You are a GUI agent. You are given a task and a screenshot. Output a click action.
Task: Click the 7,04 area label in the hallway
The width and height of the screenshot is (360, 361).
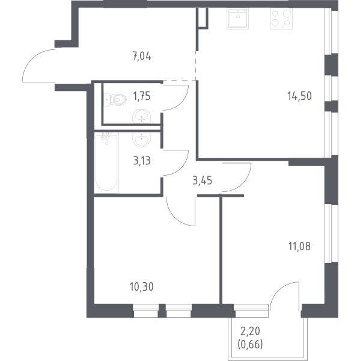click(142, 56)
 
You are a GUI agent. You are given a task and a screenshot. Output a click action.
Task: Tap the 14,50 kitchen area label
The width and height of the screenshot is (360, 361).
click(299, 96)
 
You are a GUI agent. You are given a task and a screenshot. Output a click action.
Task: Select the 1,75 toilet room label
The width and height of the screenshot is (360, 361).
click(142, 96)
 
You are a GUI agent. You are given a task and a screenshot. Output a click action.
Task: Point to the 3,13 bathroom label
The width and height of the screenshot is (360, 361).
click(142, 161)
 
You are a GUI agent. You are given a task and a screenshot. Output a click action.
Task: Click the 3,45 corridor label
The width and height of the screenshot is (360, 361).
click(203, 180)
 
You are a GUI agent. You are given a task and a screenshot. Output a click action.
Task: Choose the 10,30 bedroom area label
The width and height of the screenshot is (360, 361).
click(142, 287)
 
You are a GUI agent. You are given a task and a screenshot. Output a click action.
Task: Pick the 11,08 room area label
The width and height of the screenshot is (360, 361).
click(299, 246)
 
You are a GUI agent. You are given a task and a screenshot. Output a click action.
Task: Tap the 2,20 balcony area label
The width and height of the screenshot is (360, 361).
click(250, 332)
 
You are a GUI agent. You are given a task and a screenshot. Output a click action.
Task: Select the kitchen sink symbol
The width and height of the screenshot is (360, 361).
click(237, 19)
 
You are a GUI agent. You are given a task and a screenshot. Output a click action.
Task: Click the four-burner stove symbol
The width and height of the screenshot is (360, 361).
click(281, 19)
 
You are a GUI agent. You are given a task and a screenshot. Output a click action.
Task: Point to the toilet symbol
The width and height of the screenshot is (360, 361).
click(115, 100)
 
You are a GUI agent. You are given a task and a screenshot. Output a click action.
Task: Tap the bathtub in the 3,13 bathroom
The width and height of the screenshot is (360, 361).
click(106, 163)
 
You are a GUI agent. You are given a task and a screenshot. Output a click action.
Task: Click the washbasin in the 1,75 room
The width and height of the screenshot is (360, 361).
click(141, 116)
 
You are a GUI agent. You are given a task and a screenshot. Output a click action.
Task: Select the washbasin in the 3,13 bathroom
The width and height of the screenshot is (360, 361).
click(141, 140)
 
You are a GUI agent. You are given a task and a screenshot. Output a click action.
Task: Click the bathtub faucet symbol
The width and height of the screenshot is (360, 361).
click(106, 137)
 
